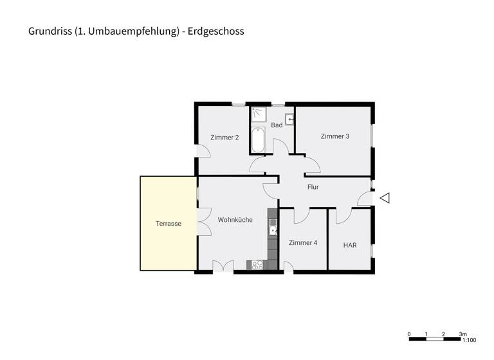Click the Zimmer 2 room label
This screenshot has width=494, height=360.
coord(224,137)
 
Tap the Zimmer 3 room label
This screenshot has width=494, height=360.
coord(334,136)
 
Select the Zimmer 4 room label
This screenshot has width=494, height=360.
coord(302,242)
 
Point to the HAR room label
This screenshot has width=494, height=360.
coord(350,245)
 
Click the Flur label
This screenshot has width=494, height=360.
coord(313,187)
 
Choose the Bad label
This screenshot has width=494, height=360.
coord(277,125)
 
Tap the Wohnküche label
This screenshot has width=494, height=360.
coord(235,220)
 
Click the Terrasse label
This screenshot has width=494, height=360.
coord(168,224)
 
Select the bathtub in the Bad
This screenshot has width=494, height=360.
coord(258,141)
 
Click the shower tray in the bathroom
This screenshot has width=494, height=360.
coord(259,114)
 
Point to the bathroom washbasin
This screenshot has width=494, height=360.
coord(290,119)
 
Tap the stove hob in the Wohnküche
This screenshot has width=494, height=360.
coord(258,264)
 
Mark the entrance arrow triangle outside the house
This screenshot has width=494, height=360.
coord(385,199)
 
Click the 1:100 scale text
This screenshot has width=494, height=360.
coord(469,340)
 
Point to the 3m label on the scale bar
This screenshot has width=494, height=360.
coord(462,334)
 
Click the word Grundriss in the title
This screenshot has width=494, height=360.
coord(50,31)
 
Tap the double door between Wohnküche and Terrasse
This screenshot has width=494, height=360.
coord(205,223)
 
